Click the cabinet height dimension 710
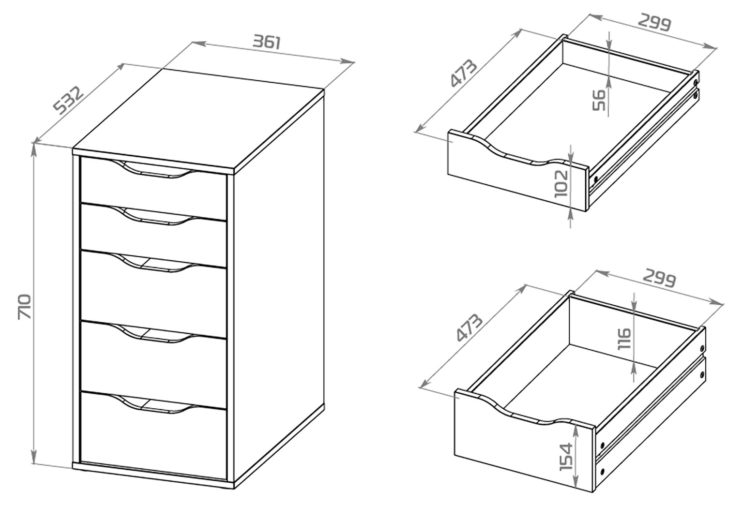pos(25,306)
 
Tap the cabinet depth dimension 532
pos(68,100)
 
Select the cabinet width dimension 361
pos(267,42)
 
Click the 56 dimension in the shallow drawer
pos(599,100)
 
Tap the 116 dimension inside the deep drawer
pos(624,338)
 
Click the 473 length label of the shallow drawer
pos(463,73)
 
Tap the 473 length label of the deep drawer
pos(469,327)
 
